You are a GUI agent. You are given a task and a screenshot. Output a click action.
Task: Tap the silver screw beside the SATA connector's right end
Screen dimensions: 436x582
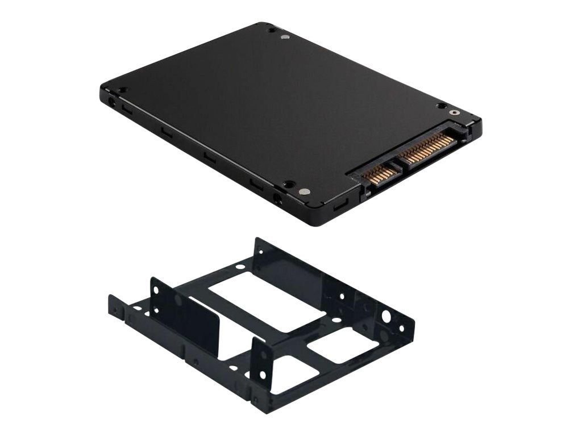(x=456, y=112)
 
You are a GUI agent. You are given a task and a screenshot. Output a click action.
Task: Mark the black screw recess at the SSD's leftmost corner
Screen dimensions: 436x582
(x=121, y=90)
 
